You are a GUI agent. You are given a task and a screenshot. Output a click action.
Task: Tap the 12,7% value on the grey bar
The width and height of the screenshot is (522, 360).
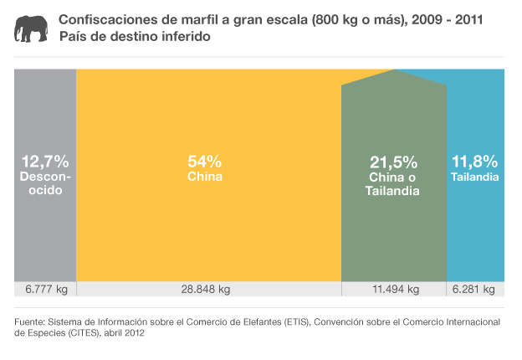click(x=45, y=161)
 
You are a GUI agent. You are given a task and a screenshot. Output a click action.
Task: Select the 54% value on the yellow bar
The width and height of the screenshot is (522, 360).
click(x=204, y=161)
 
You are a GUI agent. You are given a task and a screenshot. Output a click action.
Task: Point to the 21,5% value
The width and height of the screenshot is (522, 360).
click(x=393, y=162)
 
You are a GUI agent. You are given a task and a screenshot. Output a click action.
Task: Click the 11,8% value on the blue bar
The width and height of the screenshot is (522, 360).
click(x=474, y=161)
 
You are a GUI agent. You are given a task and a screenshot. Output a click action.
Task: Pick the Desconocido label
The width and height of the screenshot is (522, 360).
click(x=45, y=183)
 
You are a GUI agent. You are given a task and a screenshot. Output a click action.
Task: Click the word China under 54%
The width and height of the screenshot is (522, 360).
click(x=204, y=177)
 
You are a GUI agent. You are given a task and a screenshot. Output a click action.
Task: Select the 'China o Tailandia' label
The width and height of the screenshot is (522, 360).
click(x=392, y=185)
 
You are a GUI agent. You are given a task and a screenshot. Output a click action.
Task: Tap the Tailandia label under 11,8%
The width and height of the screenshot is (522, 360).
click(x=474, y=177)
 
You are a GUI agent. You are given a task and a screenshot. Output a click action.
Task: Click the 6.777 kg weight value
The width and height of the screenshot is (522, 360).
click(x=46, y=289)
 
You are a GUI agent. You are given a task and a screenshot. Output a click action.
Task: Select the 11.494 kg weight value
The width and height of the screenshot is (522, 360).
click(x=394, y=289)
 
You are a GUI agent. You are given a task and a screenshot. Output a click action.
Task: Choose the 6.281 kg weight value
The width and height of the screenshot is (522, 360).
click(x=473, y=289)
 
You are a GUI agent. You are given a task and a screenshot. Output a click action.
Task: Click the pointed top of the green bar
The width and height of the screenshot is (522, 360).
click(x=394, y=73)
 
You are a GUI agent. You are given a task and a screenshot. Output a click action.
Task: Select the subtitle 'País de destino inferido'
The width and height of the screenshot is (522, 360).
click(x=134, y=38)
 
